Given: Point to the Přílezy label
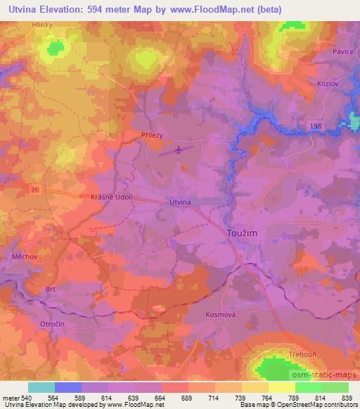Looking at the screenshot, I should (x=153, y=137).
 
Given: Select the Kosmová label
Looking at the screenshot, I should (x=219, y=314).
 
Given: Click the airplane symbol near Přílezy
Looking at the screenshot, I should (x=179, y=149).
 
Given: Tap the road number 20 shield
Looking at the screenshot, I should (x=35, y=189).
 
